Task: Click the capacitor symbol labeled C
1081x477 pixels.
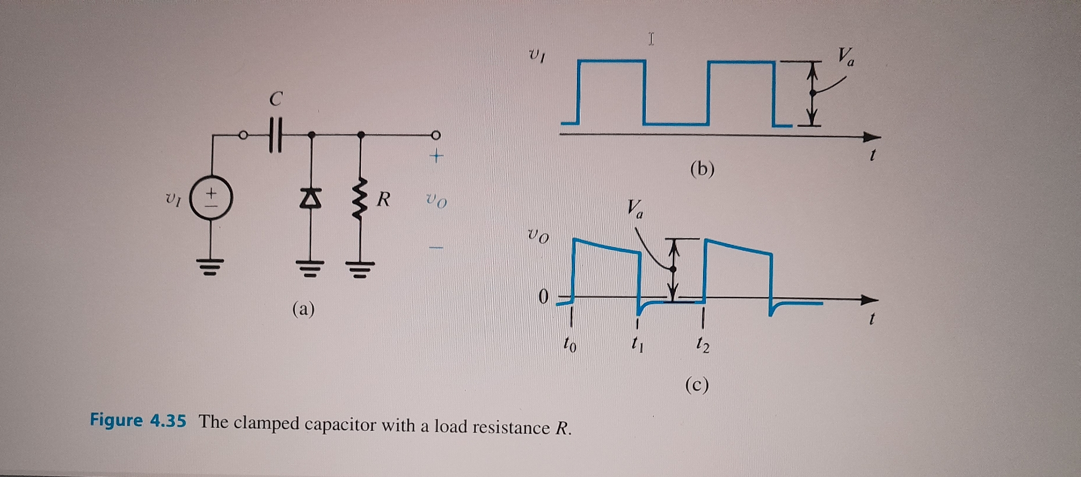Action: point(274,135)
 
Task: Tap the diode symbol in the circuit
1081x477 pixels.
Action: point(310,198)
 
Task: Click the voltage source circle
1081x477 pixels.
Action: point(211,199)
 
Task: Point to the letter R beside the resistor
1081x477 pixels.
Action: point(384,199)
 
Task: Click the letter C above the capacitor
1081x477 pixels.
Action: point(275,100)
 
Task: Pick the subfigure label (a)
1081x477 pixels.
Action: point(304,309)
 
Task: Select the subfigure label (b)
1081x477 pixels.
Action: point(702,169)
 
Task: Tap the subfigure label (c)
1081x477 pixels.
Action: point(697,385)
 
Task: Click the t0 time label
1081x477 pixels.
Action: point(570,344)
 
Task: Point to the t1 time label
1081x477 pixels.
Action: point(637,343)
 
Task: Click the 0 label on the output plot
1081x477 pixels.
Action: point(543,296)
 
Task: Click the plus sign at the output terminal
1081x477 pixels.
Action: point(436,156)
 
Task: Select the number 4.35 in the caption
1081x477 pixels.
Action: point(168,421)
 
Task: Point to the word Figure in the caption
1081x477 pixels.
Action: point(117,420)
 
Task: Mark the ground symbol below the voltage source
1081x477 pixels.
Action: point(211,264)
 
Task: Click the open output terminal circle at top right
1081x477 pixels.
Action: point(435,135)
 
